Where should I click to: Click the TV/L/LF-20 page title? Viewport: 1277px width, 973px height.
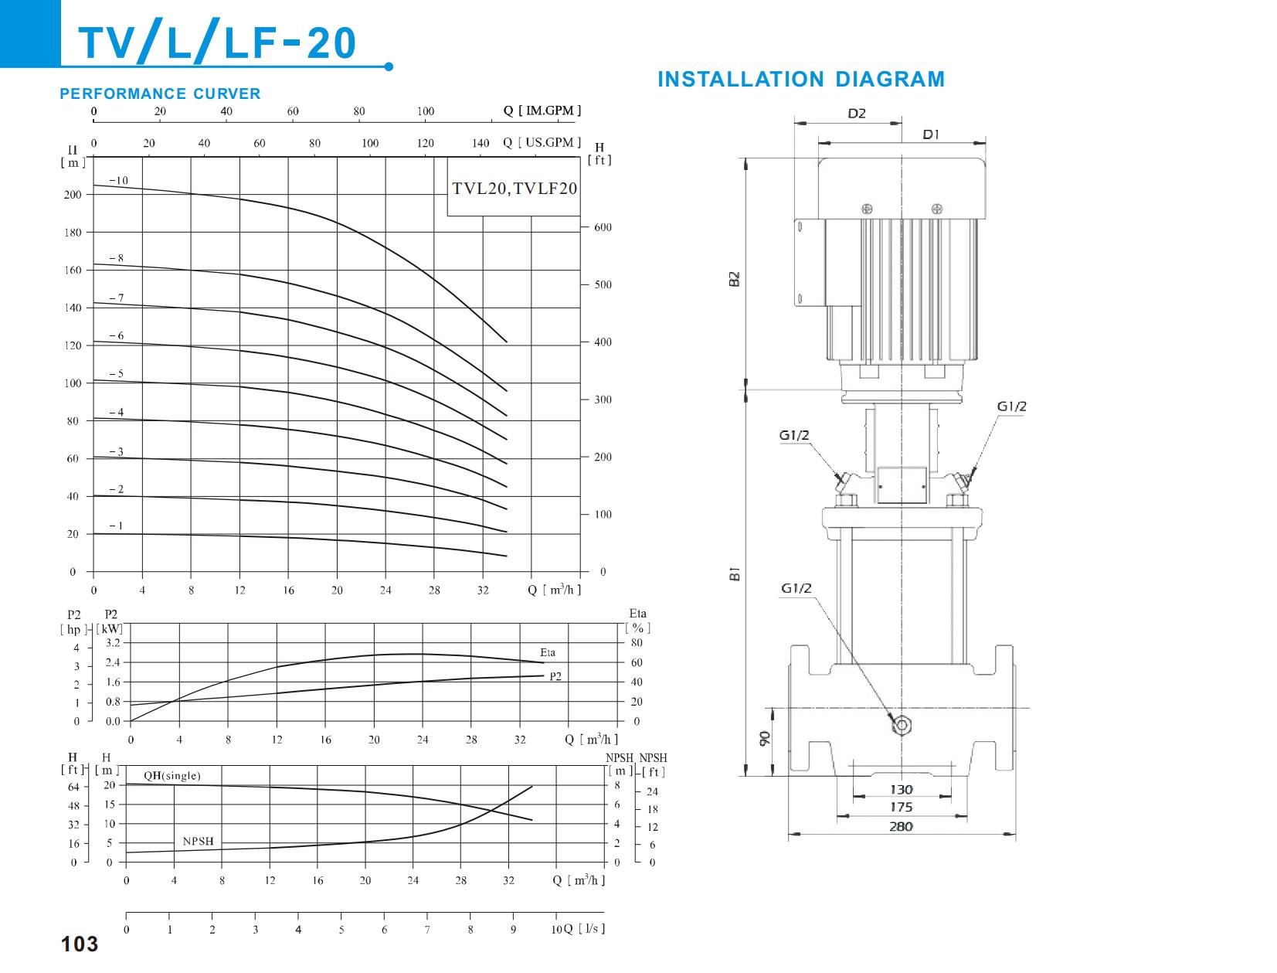tap(219, 43)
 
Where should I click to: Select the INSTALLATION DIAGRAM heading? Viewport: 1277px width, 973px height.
tap(800, 80)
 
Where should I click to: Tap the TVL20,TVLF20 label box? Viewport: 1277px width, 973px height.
tap(514, 188)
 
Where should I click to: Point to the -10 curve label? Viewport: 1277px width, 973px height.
tap(118, 181)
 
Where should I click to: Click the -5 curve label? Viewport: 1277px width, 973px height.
tap(116, 374)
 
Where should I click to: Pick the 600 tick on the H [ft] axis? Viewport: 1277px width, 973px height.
tap(603, 227)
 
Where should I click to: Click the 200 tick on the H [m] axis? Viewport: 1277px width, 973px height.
tap(73, 195)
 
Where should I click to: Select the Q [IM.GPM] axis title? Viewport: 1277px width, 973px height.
tap(542, 111)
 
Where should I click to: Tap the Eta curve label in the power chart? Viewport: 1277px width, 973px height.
tap(547, 652)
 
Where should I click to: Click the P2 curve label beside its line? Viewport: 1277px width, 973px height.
tap(555, 676)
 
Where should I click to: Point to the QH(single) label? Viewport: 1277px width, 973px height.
tap(172, 776)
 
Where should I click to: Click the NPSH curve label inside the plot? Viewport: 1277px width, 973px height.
tap(198, 841)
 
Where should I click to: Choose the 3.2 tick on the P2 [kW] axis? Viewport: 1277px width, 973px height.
tap(113, 643)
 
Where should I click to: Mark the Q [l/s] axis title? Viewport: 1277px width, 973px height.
tap(584, 928)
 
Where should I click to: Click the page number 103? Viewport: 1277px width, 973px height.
tap(80, 944)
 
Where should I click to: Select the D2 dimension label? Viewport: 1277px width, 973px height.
tap(857, 114)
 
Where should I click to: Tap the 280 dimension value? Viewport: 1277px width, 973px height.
tap(901, 826)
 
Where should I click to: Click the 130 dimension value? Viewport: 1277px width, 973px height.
tap(901, 789)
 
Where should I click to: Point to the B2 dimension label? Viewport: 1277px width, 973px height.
tap(735, 278)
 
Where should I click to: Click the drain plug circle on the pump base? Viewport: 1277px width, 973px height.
tap(902, 725)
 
